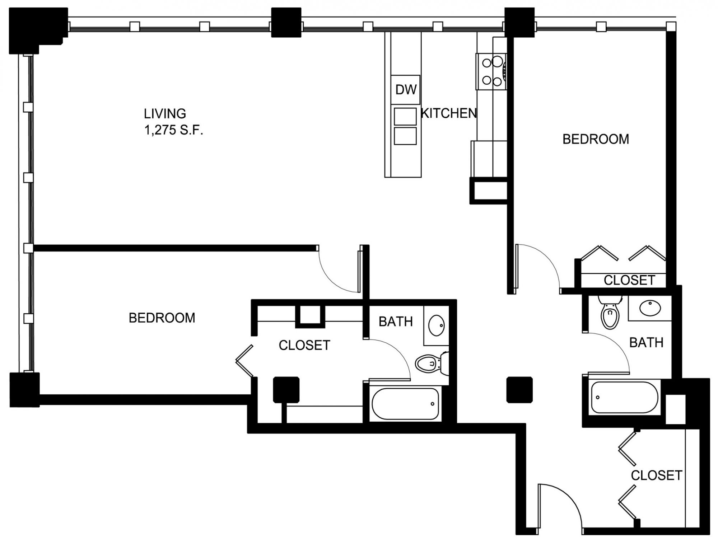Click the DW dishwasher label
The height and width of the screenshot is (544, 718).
pyautogui.click(x=406, y=90)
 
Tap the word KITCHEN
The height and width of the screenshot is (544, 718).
pyautogui.click(x=449, y=113)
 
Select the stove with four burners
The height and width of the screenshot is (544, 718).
pyautogui.click(x=491, y=72)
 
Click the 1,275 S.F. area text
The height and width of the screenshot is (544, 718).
pyautogui.click(x=174, y=130)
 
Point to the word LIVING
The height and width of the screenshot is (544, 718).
pyautogui.click(x=165, y=114)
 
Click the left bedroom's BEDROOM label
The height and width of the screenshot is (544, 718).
pyautogui.click(x=162, y=318)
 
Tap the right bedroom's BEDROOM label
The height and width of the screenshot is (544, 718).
pyautogui.click(x=596, y=139)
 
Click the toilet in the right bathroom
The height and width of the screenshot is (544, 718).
pyautogui.click(x=610, y=312)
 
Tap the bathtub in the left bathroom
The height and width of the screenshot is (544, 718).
pyautogui.click(x=405, y=404)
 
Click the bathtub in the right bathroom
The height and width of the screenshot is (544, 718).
pyautogui.click(x=625, y=398)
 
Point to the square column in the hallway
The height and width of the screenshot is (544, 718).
pyautogui.click(x=519, y=390)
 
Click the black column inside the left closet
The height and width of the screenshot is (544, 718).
pyautogui.click(x=286, y=390)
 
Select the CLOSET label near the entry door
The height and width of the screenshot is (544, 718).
pyautogui.click(x=657, y=475)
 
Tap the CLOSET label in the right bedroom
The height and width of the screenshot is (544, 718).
pyautogui.click(x=629, y=280)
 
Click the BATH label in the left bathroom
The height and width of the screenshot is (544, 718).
pyautogui.click(x=396, y=322)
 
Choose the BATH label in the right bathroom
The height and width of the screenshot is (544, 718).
pyautogui.click(x=646, y=343)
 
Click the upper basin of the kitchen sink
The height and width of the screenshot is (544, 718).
pyautogui.click(x=405, y=117)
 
